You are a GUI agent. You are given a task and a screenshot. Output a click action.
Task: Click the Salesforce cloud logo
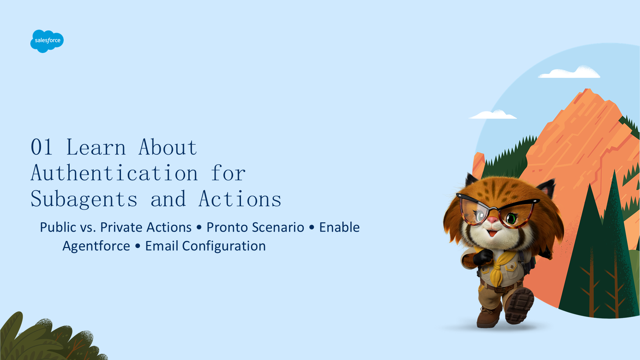[47, 41]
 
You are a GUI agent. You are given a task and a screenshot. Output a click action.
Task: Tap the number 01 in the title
[42, 147]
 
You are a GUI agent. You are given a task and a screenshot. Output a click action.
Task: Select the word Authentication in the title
[115, 173]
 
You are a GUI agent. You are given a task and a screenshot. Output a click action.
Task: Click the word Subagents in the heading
[84, 199]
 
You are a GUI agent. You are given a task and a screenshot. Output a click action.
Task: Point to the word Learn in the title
[96, 147]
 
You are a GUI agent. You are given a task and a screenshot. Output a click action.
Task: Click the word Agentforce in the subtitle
[96, 246]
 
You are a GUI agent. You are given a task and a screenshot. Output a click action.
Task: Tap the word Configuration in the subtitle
[224, 246]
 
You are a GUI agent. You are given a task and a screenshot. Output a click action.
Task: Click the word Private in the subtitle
[122, 227]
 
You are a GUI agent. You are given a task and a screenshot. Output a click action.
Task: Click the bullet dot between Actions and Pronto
[199, 228]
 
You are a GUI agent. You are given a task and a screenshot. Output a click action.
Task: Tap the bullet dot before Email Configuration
[138, 246]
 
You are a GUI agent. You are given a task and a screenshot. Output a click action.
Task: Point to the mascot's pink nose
[493, 220]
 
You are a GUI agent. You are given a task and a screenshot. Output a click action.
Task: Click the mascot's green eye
[511, 219]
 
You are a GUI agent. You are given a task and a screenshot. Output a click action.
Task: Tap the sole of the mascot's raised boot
[520, 305]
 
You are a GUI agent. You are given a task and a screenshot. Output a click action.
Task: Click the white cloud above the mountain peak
[570, 73]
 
